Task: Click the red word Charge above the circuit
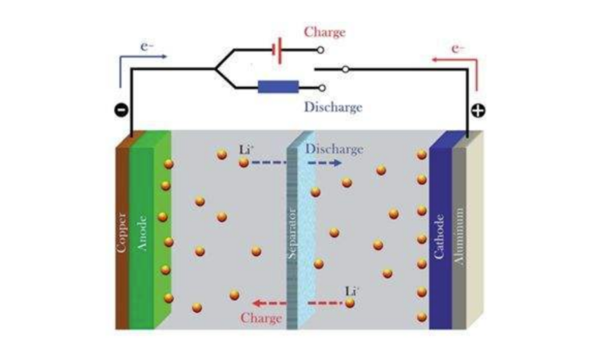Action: pos(325,32)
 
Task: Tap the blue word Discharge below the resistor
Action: pos(333,107)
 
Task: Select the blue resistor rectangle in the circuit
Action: pos(278,87)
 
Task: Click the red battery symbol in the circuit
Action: pos(278,50)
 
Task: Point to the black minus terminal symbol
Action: pos(121,110)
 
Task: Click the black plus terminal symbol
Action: pos(478,110)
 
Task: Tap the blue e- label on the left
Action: pos(147,46)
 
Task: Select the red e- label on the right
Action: pos(458,49)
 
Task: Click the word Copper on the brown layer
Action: pos(122,232)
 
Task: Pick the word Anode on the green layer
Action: pos(141,233)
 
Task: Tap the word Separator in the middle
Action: pos(292,234)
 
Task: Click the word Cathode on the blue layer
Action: pos(439,236)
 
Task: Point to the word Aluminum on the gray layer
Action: pos(459,236)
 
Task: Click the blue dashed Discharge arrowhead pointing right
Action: pos(336,163)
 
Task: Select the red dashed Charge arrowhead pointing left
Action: pos(258,303)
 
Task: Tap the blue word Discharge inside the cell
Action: pos(334,149)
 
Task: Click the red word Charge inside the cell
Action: pos(261,318)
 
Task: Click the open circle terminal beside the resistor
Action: pos(322,88)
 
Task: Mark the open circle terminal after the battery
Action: pos(321,50)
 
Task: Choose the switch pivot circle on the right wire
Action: pos(345,69)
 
